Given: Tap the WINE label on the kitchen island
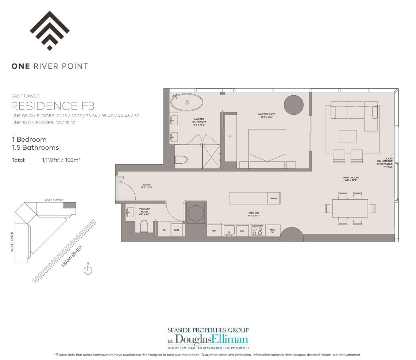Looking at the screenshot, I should tap(274, 198).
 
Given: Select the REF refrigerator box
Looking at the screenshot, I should tap(214, 231).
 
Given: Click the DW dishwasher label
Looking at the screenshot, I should tap(242, 231).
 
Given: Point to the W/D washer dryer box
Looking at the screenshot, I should tap(176, 230).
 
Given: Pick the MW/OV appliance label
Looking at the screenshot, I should tap(273, 231).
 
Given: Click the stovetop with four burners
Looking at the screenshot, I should tap(257, 231).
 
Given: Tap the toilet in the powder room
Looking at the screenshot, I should tap(145, 226).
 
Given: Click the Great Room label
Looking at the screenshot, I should tap(350, 179).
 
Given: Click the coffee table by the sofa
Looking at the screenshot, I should tap(347, 136).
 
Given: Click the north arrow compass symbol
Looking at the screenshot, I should tap(88, 270).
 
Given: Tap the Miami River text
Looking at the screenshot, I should tap(72, 256).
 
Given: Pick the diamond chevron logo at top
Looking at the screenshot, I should tap(50, 30).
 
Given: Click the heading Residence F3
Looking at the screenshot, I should tap(53, 106).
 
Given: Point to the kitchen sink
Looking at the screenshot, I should tap(229, 230).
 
